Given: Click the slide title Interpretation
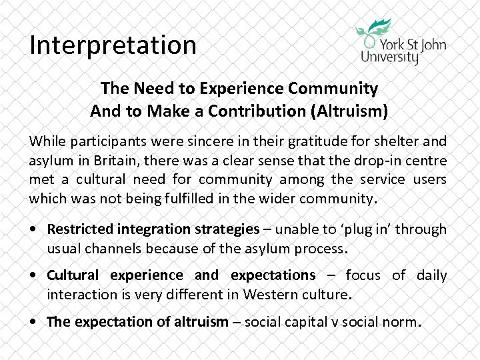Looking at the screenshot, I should coord(113,45).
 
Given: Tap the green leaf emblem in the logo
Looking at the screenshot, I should coord(375,30).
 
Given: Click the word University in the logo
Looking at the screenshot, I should coord(390,56).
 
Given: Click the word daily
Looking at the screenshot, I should coord(431,275).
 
